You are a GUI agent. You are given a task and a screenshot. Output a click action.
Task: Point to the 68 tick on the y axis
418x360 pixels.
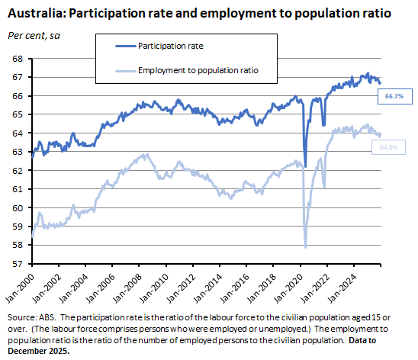pos(21,59)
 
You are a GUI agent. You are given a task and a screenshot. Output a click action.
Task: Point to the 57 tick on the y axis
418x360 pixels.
pos(21,264)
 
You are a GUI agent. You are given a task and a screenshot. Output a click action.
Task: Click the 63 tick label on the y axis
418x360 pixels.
pos(21,152)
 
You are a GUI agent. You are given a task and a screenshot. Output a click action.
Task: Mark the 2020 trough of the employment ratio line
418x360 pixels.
pos(306,247)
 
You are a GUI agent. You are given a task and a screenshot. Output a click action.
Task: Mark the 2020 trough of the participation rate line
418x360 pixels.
pos(305,166)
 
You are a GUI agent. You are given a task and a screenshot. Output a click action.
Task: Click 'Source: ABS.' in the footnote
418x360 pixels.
pos(28,316)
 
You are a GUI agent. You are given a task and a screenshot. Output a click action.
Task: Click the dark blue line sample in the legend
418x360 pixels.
pos(121,47)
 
